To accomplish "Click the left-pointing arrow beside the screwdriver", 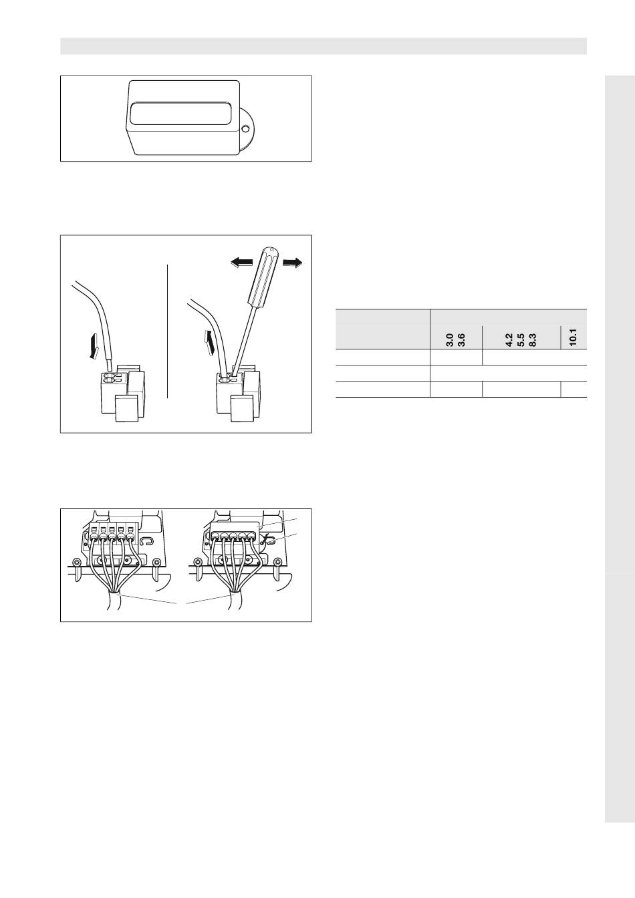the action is [x=241, y=263].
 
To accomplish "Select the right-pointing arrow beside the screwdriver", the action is [x=292, y=262].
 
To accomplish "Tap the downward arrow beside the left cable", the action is [x=94, y=346].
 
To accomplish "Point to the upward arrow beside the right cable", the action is [x=209, y=341].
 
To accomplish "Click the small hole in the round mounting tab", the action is [x=245, y=129].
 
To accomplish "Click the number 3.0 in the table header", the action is [x=450, y=340].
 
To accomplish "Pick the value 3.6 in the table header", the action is [x=461, y=340].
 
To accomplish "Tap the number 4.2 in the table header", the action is [x=509, y=340].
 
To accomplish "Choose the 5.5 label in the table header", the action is [x=521, y=340].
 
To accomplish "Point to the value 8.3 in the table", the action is [x=533, y=340].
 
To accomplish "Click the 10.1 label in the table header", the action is [x=573, y=337].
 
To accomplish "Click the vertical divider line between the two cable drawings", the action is [x=167, y=331].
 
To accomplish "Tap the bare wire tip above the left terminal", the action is [x=109, y=364].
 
